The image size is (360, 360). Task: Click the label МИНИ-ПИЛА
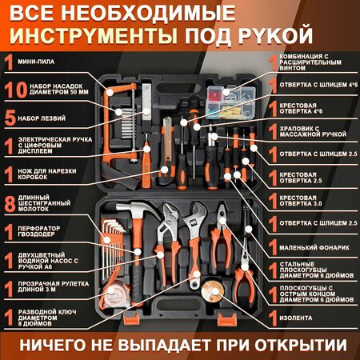click(36, 62)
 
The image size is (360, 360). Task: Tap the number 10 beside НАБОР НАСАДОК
click(16, 90)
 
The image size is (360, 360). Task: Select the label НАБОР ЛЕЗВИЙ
click(42, 118)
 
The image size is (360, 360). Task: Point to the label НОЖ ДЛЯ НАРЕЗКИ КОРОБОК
click(47, 174)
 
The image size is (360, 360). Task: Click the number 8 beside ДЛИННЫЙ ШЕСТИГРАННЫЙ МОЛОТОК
click(10, 204)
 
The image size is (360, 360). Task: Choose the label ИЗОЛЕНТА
click(296, 318)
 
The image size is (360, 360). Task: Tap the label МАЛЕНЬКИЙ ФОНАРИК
click(314, 248)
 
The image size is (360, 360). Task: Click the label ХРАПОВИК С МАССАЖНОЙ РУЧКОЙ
click(313, 131)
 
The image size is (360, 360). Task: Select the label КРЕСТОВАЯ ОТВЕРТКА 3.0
click(301, 201)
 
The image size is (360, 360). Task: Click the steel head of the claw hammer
click(137, 209)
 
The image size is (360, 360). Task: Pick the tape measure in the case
click(115, 294)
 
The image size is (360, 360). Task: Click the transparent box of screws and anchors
click(231, 102)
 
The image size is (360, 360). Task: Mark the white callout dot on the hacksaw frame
click(110, 92)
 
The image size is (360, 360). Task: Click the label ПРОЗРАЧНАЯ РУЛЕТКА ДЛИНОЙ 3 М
click(54, 286)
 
